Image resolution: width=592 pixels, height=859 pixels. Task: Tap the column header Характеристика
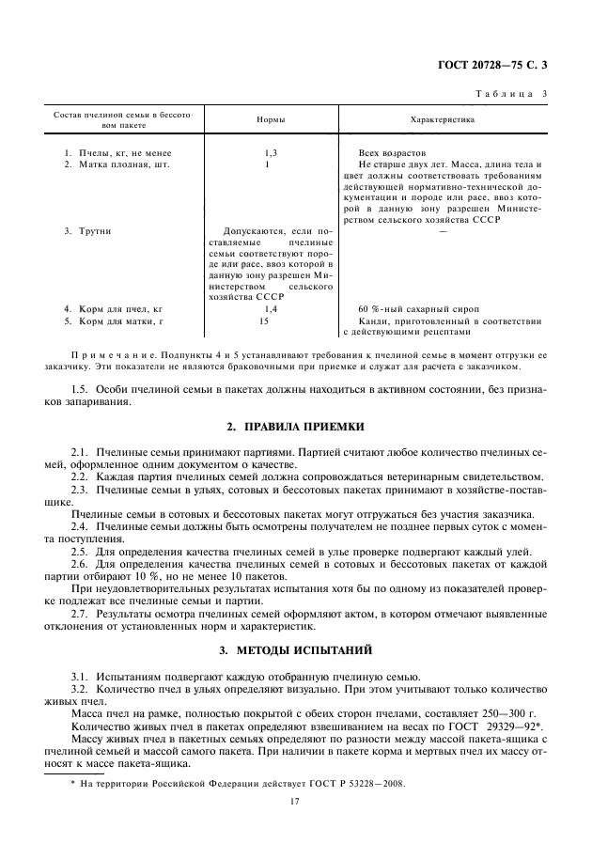442,120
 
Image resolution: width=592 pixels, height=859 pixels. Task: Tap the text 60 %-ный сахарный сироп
419,308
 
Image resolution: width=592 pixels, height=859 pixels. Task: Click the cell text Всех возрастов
392,152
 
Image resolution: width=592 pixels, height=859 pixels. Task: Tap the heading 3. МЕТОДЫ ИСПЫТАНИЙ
295,649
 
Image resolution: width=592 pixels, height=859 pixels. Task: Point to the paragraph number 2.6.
80,562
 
